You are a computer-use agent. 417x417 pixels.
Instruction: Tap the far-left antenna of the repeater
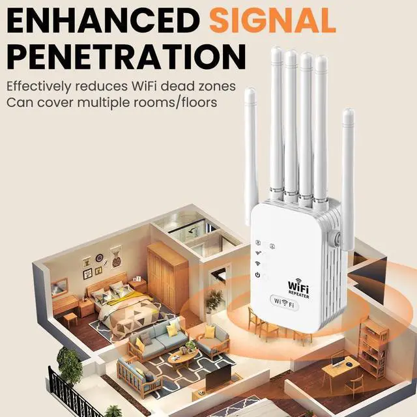(250, 156)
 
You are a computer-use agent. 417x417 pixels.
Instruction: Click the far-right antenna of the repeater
(348, 176)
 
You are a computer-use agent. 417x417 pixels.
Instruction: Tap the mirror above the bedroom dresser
(59, 286)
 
